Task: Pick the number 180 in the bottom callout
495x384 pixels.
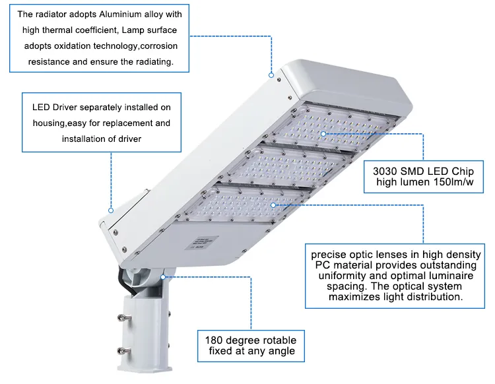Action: click(x=216, y=340)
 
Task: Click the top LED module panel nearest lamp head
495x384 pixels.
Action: click(x=330, y=129)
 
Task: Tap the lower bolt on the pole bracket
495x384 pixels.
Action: click(x=122, y=351)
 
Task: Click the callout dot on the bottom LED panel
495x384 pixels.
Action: click(x=273, y=206)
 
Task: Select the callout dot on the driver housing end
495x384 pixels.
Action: click(x=111, y=210)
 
